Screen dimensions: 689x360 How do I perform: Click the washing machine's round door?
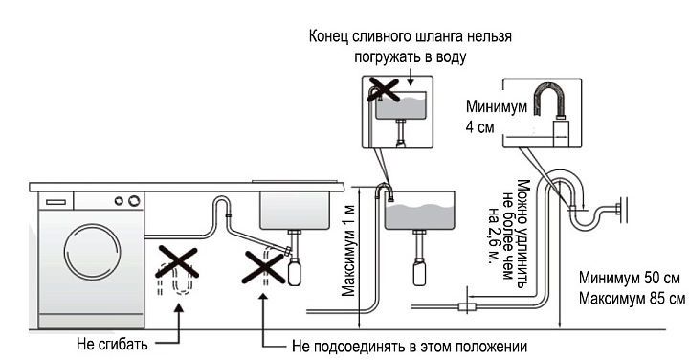pyautogui.click(x=92, y=252)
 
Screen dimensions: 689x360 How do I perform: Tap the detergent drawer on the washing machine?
pyautogui.click(x=56, y=202)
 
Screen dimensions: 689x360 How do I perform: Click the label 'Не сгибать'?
pyautogui.click(x=112, y=344)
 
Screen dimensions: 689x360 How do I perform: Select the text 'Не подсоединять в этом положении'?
pyautogui.click(x=410, y=347)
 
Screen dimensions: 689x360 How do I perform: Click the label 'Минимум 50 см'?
pyautogui.click(x=630, y=278)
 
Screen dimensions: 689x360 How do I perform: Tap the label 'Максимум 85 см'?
pyautogui.click(x=632, y=299)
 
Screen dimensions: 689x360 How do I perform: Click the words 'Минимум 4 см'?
pyautogui.click(x=496, y=117)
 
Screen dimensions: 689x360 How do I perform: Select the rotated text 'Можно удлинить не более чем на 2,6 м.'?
pyautogui.click(x=510, y=231)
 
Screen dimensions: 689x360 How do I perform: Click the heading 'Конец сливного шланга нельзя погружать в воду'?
pyautogui.click(x=410, y=47)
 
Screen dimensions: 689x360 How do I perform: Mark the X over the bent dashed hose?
pyautogui.click(x=177, y=262)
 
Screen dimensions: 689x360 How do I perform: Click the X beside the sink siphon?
pyautogui.click(x=264, y=267)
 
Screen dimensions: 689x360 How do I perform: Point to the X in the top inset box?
pyautogui.click(x=383, y=89)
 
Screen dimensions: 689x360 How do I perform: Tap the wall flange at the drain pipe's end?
pyautogui.click(x=621, y=211)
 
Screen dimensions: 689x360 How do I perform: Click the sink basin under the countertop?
pyautogui.click(x=295, y=210)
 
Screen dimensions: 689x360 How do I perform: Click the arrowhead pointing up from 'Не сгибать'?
pyautogui.click(x=179, y=307)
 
